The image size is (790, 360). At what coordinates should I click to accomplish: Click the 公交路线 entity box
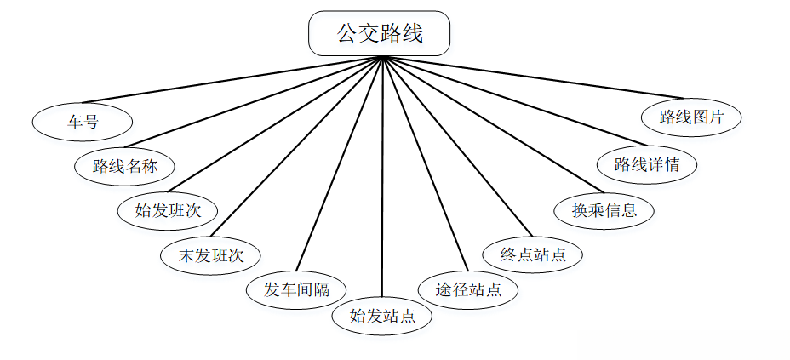coord(379,34)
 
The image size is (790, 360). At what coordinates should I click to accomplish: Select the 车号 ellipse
coord(83,122)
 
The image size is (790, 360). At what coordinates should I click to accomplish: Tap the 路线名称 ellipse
coord(125,166)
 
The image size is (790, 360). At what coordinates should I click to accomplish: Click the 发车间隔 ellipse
coord(297,289)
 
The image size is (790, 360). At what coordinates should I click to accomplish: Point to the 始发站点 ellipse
coord(382,317)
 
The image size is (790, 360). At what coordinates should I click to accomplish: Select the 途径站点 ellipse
coord(468,289)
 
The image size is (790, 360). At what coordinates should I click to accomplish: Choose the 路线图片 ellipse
coord(691,117)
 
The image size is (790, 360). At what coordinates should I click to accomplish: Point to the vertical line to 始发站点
coord(383,179)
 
